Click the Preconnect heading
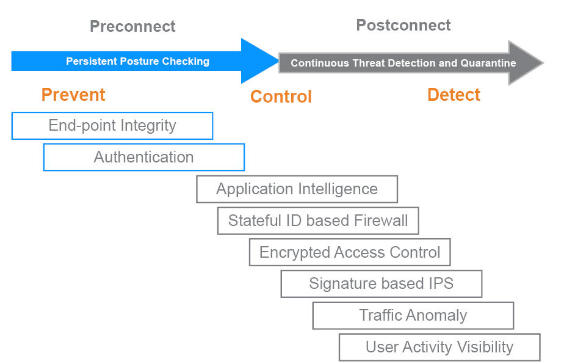[132, 26]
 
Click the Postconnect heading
[403, 25]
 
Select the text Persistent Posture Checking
[137, 61]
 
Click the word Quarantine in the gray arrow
[488, 63]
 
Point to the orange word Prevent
[73, 95]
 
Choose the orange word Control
[281, 97]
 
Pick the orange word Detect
[454, 95]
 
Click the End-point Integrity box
[112, 126]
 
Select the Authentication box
[144, 157]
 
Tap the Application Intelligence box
[297, 189]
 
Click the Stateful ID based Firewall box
[318, 221]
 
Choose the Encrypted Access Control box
[350, 252]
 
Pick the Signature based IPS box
[382, 284]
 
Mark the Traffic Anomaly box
[413, 316]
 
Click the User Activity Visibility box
[439, 347]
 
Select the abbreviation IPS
[441, 283]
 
